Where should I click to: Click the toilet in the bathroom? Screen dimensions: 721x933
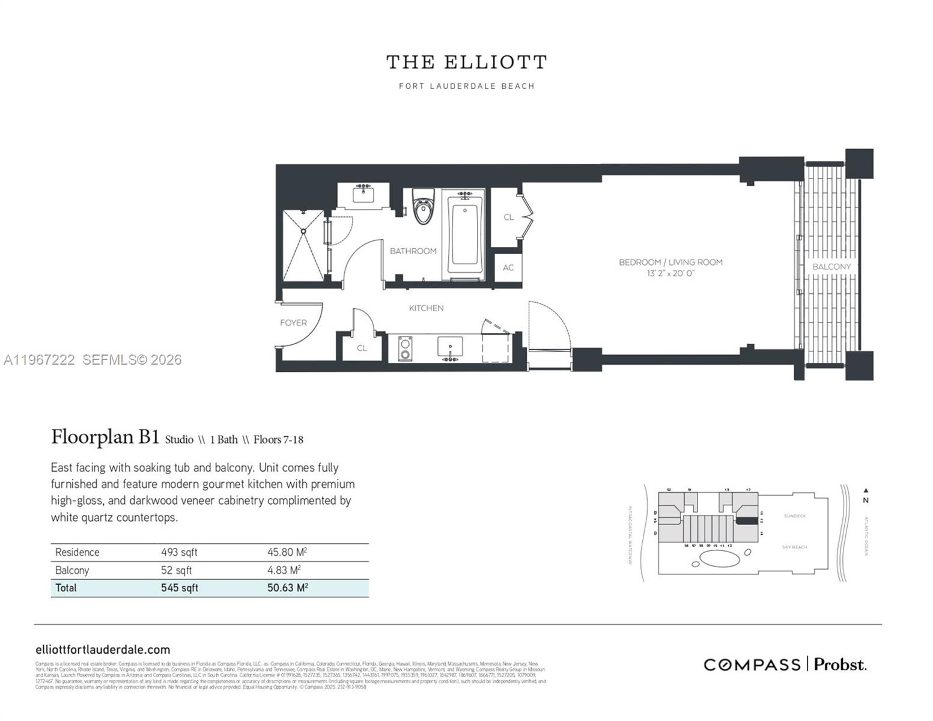[x=424, y=207]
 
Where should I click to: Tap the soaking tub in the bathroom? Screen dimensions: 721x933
[x=465, y=235]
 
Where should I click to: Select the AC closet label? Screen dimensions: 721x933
[x=508, y=267]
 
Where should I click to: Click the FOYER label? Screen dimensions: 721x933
[x=293, y=323]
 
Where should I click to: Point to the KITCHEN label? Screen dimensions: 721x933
[x=426, y=308]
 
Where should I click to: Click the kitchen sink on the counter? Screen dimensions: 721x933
[x=450, y=347]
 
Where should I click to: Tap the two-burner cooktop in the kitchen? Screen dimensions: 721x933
[x=405, y=348]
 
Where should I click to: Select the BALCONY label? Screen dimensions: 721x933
[x=831, y=267]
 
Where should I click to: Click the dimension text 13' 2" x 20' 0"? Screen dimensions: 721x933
[x=670, y=273]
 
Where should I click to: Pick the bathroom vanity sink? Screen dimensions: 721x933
[x=363, y=195]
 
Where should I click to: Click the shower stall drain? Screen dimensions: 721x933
[x=304, y=231]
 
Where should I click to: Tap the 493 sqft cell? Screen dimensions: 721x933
[x=179, y=552]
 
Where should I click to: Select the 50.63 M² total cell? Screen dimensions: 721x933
[x=287, y=588]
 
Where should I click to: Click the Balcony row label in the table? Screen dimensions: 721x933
[x=72, y=570]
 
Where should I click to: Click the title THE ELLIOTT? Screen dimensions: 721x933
[x=466, y=62]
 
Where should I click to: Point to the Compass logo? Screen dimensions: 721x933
[x=752, y=665]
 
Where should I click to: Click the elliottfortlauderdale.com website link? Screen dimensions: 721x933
[x=103, y=650]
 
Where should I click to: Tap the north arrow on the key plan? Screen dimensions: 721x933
[x=865, y=491]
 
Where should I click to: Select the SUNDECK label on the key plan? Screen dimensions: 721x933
[x=794, y=516]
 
